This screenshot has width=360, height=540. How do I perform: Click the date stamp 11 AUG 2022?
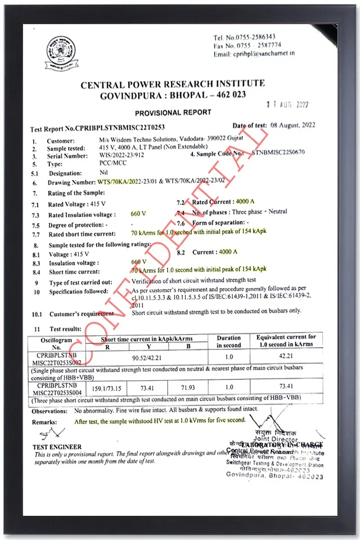point(287,105)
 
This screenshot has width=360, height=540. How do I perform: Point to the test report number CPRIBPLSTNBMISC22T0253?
point(119,129)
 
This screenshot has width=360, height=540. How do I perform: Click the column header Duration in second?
point(228,341)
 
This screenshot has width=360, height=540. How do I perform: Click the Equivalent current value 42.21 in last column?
point(287,356)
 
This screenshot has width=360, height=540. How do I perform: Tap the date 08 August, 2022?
point(291,125)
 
